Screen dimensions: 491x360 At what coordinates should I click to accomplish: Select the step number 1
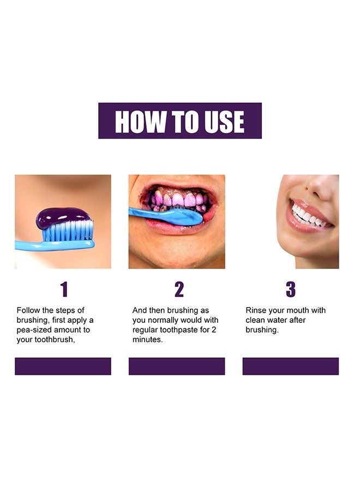64,290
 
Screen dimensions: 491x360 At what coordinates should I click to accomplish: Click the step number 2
179,290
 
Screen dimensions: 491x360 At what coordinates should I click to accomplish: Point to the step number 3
291,290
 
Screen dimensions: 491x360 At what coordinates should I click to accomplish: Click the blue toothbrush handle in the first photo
38,245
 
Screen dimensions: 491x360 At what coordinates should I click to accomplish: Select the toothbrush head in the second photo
185,217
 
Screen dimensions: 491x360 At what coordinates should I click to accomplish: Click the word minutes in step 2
147,340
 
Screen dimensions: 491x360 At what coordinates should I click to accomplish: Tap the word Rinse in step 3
256,310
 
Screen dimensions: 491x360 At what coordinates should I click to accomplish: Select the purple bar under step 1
63,366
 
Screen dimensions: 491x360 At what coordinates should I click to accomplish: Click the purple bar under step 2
177,366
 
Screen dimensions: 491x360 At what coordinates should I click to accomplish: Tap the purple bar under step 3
291,366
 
